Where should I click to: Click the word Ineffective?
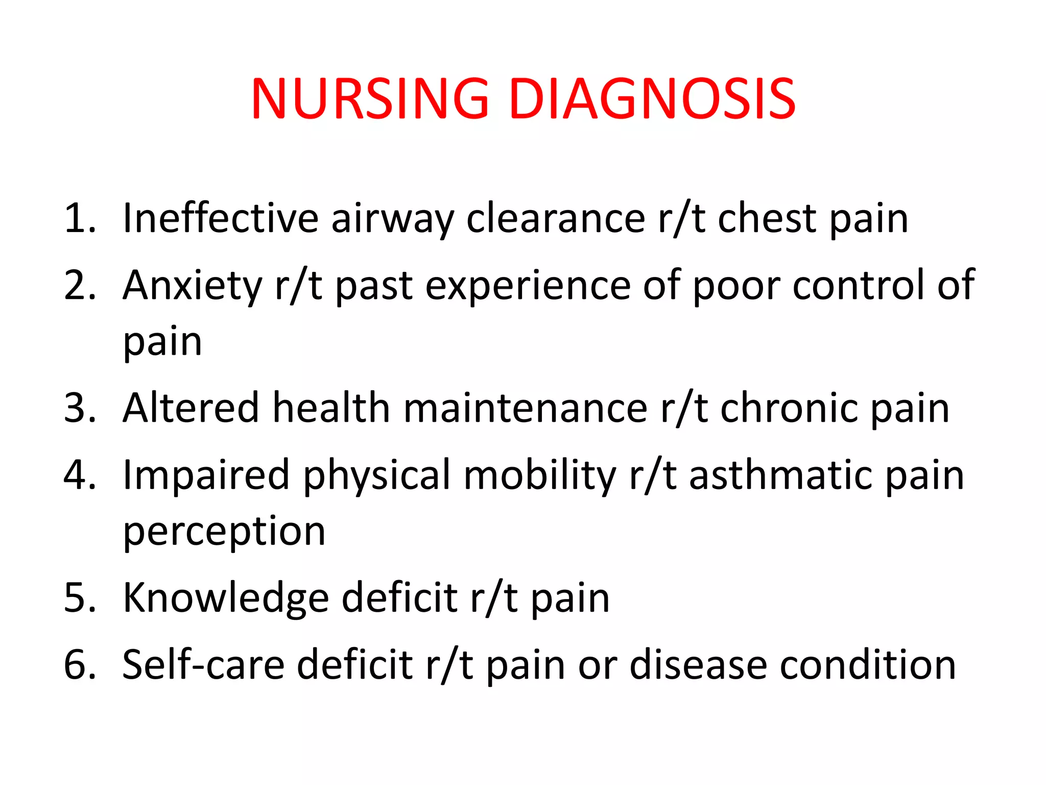pos(221,218)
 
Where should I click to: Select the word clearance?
pos(556,218)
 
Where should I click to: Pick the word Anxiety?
pos(192,286)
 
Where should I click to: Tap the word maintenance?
pos(526,408)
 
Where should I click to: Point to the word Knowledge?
pos(226,598)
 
